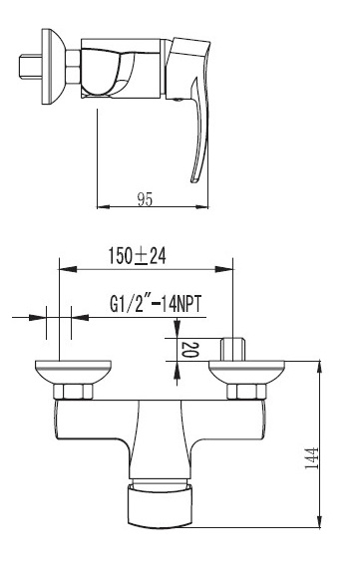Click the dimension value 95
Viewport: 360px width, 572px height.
(145, 199)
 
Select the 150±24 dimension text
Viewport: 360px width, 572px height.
(138, 255)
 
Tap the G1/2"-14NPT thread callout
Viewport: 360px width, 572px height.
(156, 304)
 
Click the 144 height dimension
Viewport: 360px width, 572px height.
(311, 457)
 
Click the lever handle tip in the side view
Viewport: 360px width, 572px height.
(194, 179)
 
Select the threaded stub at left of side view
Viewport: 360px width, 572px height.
(31, 66)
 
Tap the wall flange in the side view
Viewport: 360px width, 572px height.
(53, 67)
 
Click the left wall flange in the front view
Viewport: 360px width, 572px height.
(73, 372)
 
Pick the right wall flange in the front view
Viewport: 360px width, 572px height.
(246, 372)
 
